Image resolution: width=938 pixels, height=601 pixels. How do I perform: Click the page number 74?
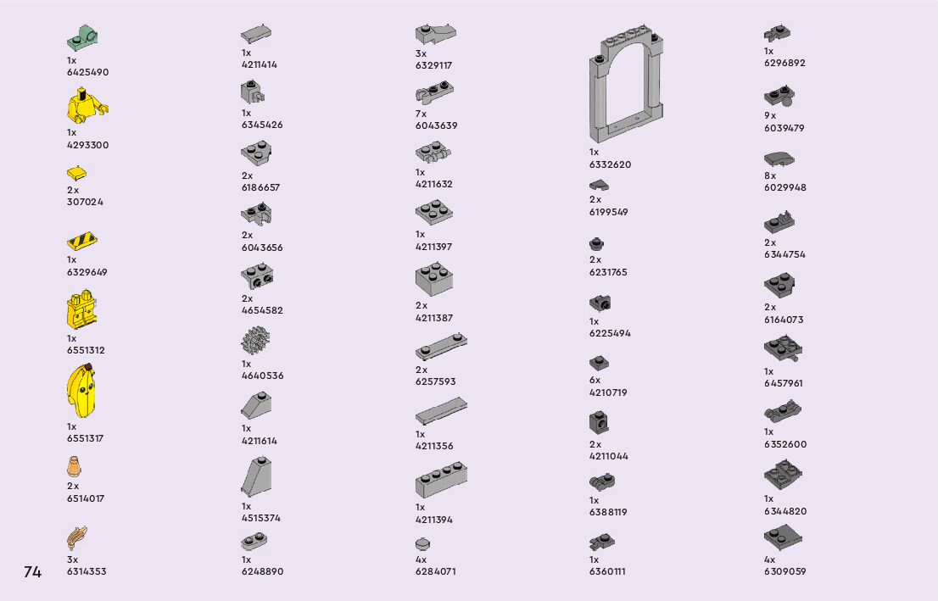click(32, 572)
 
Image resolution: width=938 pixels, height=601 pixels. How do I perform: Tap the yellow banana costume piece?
click(81, 392)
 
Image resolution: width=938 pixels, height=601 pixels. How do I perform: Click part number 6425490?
click(87, 72)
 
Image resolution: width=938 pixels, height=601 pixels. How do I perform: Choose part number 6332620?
click(610, 164)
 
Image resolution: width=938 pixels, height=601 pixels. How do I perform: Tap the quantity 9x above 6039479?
click(769, 115)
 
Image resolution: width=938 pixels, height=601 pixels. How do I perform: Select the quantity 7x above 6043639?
click(421, 114)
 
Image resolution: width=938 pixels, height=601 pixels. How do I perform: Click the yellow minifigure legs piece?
click(82, 311)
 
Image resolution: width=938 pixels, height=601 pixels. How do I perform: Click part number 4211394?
click(434, 520)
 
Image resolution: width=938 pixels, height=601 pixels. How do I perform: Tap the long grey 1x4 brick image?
click(441, 481)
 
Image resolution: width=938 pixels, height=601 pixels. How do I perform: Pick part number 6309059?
click(784, 571)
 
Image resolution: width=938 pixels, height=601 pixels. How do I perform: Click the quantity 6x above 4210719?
click(595, 381)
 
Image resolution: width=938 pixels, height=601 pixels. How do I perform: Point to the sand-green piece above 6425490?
click(83, 37)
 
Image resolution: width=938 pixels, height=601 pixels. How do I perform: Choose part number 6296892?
click(784, 63)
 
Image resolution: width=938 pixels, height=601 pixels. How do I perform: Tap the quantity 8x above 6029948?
click(769, 175)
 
